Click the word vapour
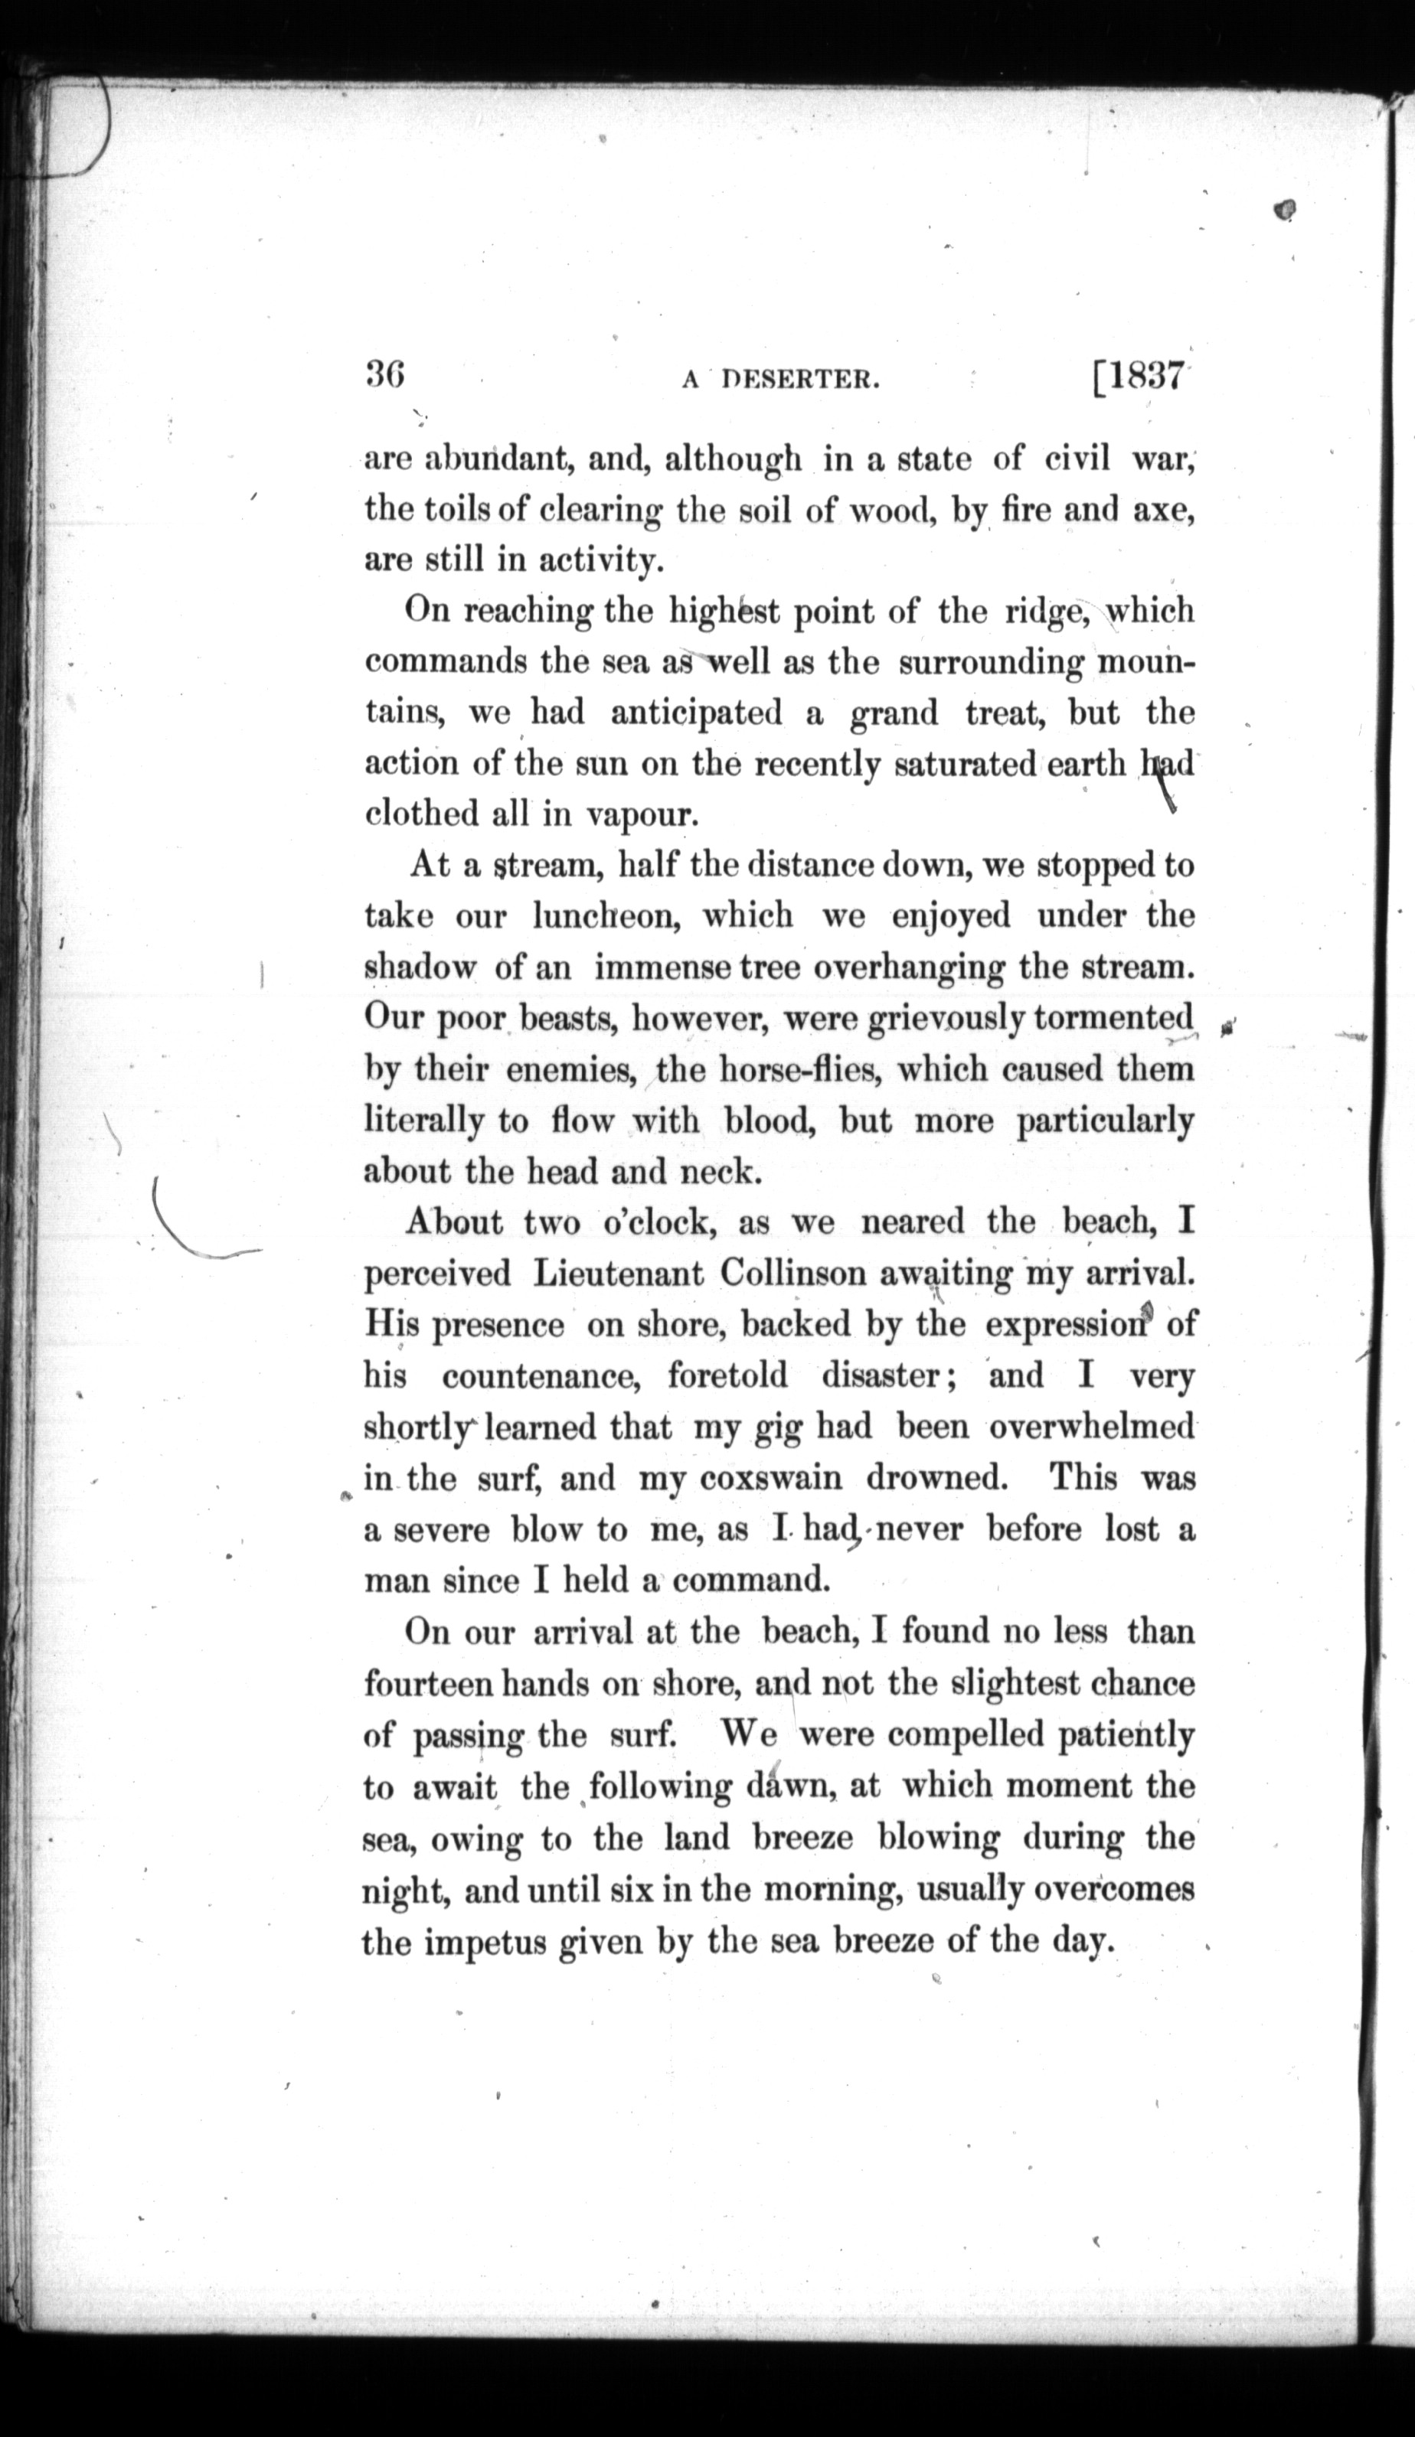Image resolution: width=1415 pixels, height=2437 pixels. coord(643,815)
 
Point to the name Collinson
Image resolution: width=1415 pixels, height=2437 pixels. coord(793,1274)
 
